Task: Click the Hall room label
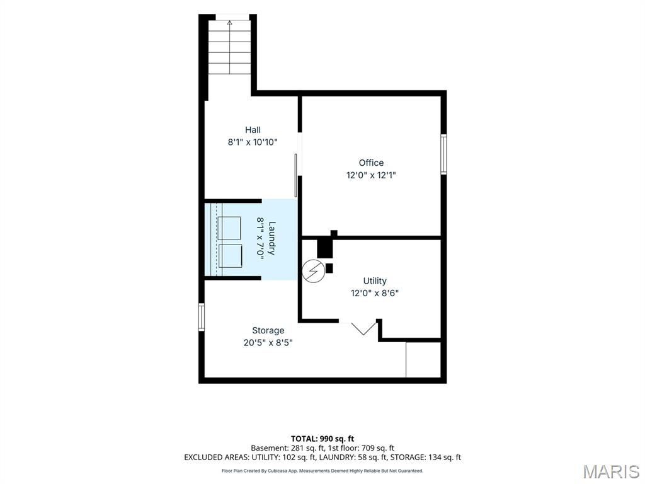253,130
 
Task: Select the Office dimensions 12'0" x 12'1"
371,175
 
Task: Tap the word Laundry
272,238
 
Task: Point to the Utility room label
375,280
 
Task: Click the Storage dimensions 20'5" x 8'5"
268,342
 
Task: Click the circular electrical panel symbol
314,271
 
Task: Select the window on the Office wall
443,154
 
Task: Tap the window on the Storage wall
201,317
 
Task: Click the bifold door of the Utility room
363,328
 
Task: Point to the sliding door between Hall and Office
296,175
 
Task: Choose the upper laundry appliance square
229,228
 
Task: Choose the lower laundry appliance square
230,256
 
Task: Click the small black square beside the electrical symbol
329,268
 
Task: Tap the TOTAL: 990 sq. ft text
322,439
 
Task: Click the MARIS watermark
611,471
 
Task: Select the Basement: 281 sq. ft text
285,448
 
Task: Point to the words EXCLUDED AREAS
217,458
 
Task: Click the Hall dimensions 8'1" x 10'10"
253,142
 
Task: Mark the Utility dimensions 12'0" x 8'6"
375,293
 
